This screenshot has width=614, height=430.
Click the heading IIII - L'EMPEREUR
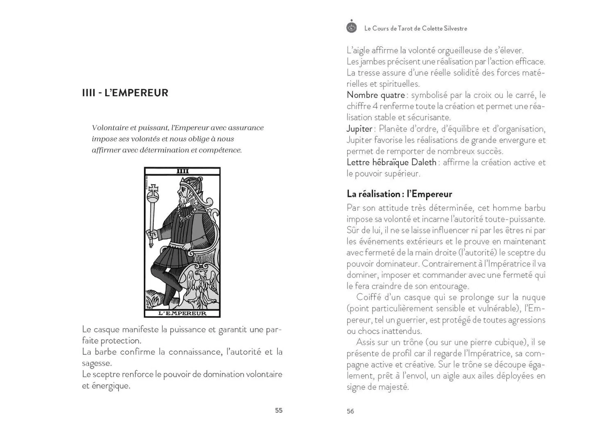(x=125, y=93)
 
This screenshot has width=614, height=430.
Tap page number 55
(x=279, y=410)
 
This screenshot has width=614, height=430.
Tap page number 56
(x=350, y=411)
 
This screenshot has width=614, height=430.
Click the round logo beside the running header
(x=352, y=27)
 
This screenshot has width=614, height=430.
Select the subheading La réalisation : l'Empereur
(x=399, y=194)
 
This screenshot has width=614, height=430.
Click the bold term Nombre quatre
(x=375, y=95)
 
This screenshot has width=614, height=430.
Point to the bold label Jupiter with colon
(x=360, y=129)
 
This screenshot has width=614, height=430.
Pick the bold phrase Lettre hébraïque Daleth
(x=391, y=162)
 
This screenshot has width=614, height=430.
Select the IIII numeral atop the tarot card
(x=182, y=171)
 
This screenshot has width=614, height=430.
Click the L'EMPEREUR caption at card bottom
(x=182, y=313)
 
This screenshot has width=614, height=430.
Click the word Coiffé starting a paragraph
(x=369, y=297)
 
